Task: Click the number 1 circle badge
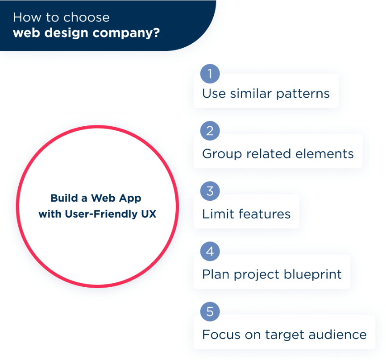[x=210, y=73]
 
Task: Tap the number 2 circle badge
[x=210, y=132]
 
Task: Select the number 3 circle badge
[x=210, y=192]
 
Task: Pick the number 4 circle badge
[x=210, y=252]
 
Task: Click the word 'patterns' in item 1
[x=303, y=94]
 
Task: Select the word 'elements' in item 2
[x=327, y=154]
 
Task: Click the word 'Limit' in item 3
[x=217, y=214]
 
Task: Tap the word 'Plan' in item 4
[x=215, y=274]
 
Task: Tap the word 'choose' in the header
[x=86, y=17]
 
